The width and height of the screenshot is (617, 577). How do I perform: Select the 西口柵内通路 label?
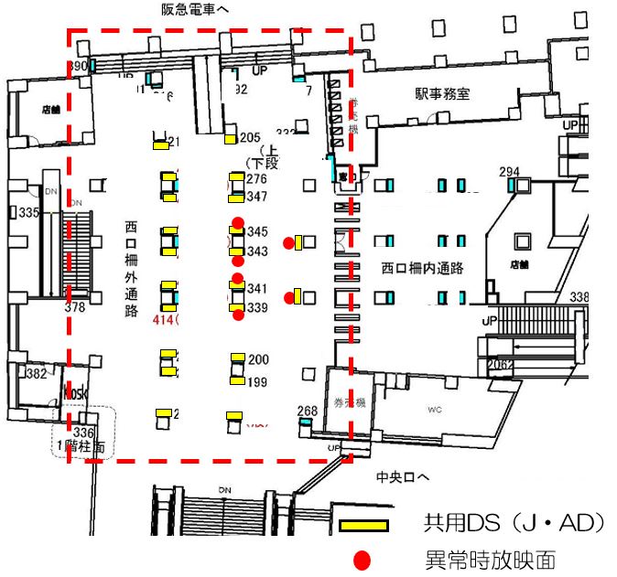tap(422, 268)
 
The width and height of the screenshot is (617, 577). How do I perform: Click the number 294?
tap(510, 172)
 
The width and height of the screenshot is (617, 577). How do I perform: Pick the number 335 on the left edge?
tap(29, 213)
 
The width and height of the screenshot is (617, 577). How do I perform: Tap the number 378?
tap(75, 308)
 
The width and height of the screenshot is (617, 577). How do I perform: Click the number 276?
tap(256, 179)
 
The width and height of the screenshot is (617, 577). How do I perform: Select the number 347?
tap(256, 197)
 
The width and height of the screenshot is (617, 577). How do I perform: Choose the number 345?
tap(257, 232)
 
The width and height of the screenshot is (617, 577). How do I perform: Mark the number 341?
tap(257, 289)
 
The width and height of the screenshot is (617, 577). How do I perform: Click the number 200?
tap(258, 359)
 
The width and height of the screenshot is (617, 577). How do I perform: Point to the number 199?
tap(257, 381)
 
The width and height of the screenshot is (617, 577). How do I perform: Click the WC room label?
tap(434, 411)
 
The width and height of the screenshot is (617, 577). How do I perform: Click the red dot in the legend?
tap(363, 559)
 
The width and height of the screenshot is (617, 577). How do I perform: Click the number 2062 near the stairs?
tap(499, 365)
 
